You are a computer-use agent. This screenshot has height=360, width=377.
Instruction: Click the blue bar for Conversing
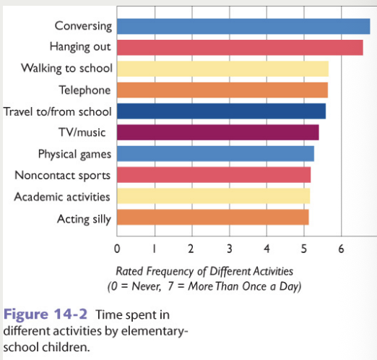(243, 27)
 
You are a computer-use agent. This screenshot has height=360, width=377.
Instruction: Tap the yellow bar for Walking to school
(222, 69)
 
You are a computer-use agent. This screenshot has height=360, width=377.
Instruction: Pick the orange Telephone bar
(222, 90)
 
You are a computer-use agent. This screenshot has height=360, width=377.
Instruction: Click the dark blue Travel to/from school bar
(221, 111)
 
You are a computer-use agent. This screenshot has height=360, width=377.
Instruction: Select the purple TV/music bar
(217, 132)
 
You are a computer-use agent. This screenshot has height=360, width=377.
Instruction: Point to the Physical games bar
(215, 153)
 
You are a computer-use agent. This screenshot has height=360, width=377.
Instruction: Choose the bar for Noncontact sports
(213, 175)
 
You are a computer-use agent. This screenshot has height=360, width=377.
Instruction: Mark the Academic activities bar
(213, 196)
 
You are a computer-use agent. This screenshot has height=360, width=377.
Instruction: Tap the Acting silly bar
(212, 217)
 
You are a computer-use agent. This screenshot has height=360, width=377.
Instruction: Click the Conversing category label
(83, 26)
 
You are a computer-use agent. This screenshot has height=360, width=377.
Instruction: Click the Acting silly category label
(83, 218)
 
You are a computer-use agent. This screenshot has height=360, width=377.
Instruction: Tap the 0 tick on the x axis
(117, 249)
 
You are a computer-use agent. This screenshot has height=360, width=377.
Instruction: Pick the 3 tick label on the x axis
(229, 249)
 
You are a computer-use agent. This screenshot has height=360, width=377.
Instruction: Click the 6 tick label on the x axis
(341, 249)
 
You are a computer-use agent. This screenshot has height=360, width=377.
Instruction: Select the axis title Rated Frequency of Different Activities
(204, 271)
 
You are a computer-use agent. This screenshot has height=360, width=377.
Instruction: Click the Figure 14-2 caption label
(37, 316)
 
